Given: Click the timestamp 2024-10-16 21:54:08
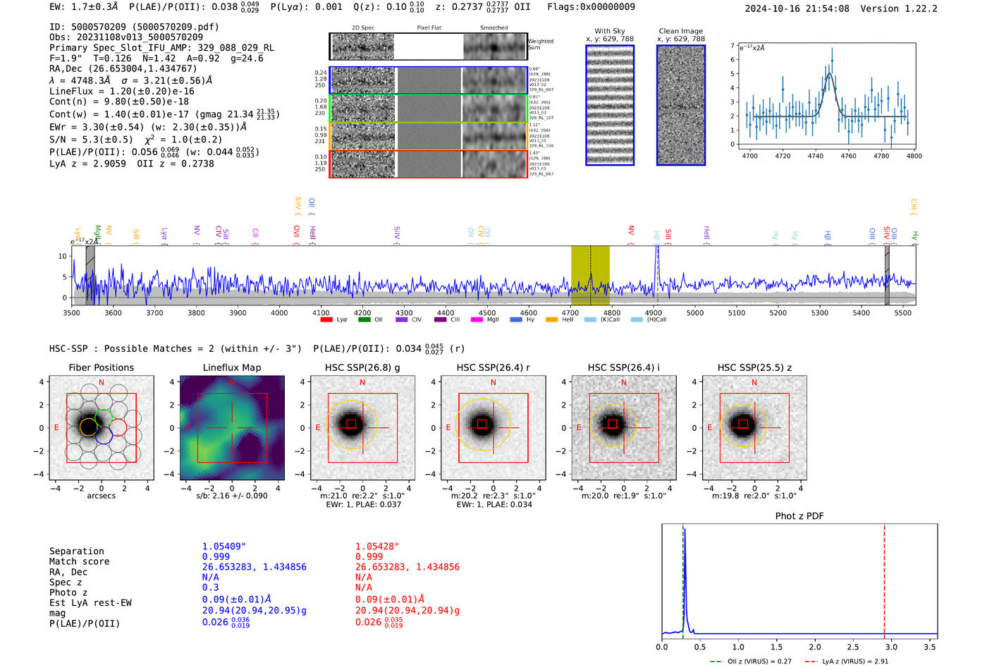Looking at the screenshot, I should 797,9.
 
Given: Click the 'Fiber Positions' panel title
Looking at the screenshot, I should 101,367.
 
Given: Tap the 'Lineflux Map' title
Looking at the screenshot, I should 232,367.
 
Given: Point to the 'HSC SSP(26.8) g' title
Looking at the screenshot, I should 362,367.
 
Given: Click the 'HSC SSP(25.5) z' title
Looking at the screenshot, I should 754,367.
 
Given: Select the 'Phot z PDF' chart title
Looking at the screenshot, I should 799,516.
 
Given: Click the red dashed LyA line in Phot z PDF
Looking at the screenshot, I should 884,578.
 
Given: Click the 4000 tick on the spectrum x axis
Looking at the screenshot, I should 279,313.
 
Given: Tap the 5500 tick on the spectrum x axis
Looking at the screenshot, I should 903,313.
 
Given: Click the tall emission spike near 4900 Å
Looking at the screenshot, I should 657,261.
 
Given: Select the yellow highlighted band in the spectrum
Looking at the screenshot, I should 590,275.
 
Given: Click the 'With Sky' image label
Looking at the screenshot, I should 610,31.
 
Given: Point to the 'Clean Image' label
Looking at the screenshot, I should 680,31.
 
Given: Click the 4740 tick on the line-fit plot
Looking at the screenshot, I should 816,156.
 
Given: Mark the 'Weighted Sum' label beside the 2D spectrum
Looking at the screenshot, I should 541,44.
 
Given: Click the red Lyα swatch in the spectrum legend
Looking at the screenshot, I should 326,319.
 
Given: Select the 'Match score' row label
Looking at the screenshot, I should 79,562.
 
